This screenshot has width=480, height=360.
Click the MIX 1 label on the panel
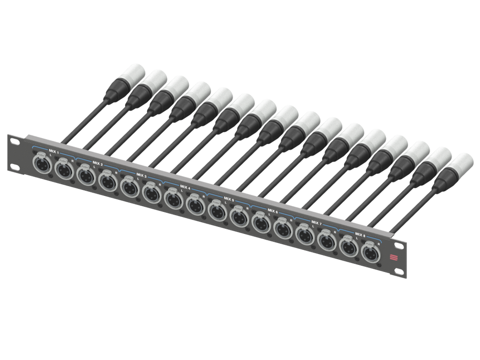[54, 154]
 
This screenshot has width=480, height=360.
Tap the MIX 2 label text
[98, 165]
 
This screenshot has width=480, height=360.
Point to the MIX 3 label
[141, 176]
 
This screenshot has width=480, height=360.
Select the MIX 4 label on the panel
[185, 187]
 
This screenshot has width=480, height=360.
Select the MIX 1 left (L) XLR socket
[41, 165]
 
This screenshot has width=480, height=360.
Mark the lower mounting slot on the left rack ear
[13, 166]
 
